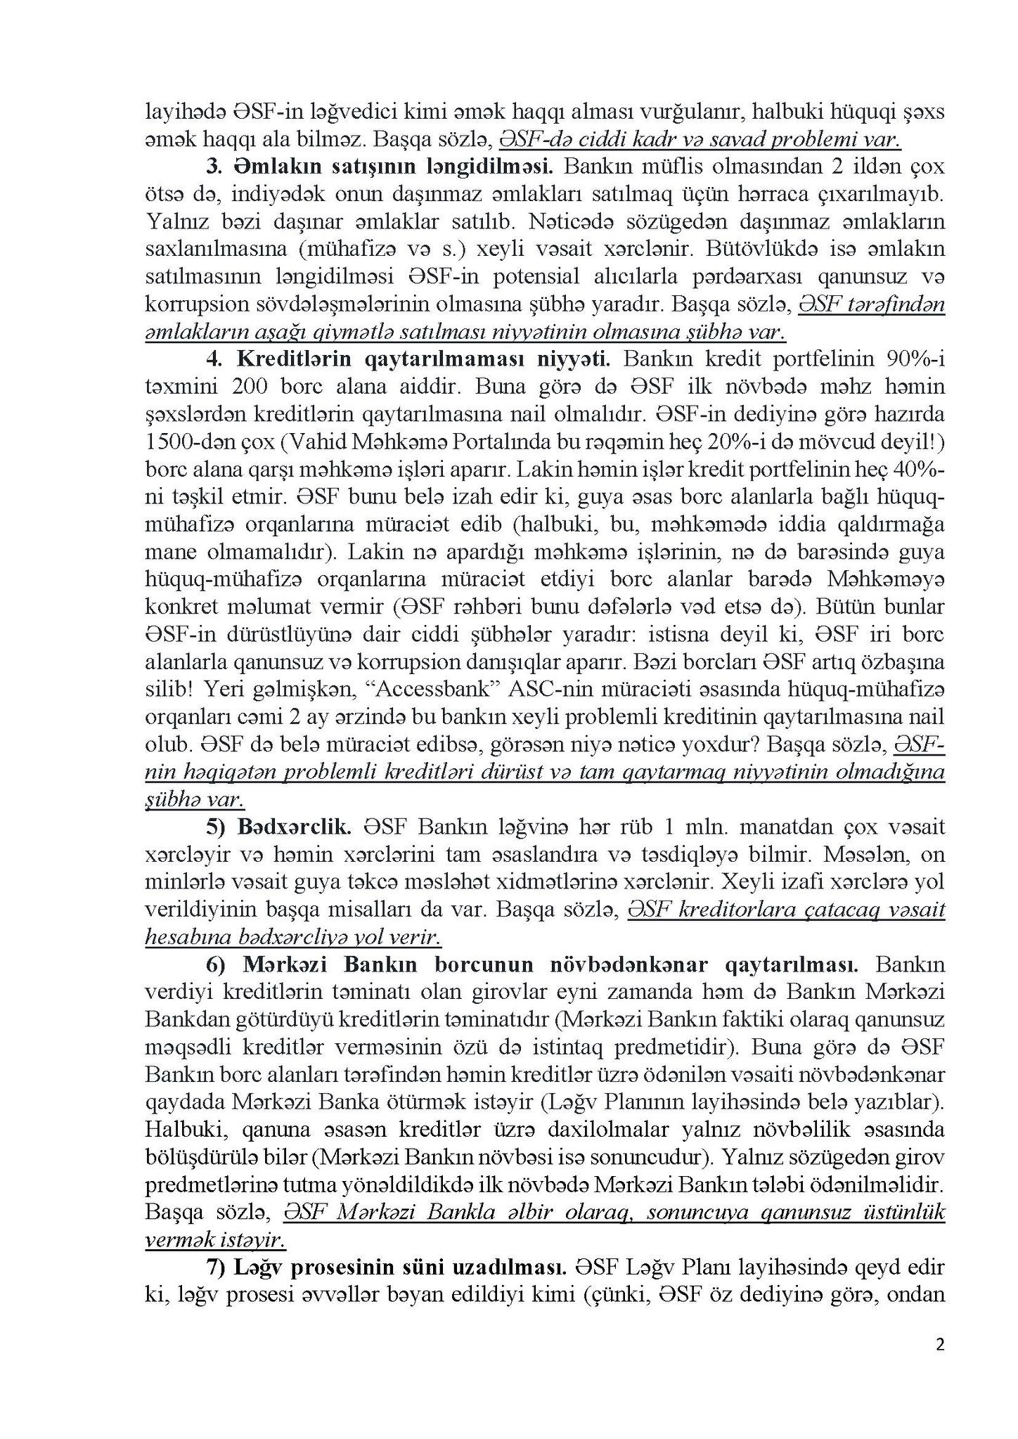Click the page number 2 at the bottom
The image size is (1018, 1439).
click(x=940, y=1345)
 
